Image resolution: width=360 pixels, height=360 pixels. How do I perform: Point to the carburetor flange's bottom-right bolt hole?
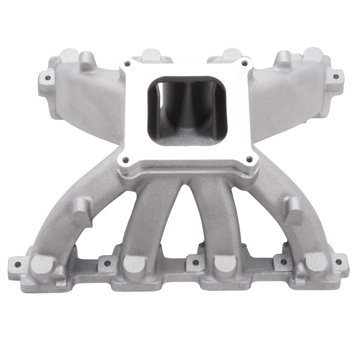[x=247, y=159]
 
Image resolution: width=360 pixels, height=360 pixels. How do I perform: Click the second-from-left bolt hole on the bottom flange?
[x=107, y=262]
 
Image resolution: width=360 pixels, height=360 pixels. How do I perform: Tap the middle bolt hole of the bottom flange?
[x=194, y=261]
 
